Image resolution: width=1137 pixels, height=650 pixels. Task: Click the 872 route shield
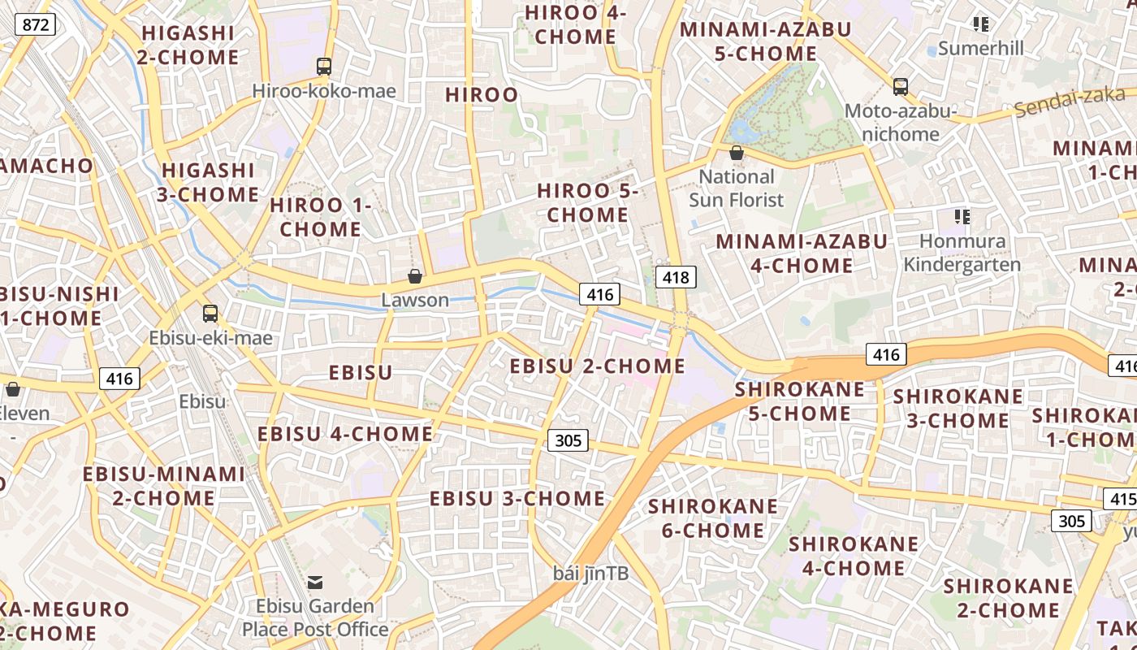pos(36,24)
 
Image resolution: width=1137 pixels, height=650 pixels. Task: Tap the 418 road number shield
pos(676,278)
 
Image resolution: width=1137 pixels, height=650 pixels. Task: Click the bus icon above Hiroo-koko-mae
pos(324,66)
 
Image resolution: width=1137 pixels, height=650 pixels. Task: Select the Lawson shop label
pos(415,300)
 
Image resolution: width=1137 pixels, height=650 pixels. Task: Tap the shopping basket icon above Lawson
pos(415,276)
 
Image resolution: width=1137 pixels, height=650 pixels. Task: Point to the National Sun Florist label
pos(737,188)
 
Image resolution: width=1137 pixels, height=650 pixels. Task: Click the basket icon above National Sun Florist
pos(737,153)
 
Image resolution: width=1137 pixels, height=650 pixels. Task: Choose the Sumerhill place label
pos(980,48)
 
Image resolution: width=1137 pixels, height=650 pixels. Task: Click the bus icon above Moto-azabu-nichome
pos(900,86)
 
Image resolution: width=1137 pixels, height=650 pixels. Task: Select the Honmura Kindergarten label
pos(962,253)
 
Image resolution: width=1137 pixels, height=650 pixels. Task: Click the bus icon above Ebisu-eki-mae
pos(210,313)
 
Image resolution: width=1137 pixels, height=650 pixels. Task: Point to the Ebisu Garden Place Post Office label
pos(315,617)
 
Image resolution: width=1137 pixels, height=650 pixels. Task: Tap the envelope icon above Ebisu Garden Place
pos(315,582)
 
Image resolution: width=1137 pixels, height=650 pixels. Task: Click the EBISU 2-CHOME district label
pos(597,366)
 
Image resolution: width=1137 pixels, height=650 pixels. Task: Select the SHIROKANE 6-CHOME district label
pos(712,518)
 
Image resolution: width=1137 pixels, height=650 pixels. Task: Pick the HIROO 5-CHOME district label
pos(588,203)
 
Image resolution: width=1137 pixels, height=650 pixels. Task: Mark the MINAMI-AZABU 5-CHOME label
pos(765,41)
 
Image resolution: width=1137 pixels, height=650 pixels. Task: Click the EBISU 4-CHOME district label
pos(345,434)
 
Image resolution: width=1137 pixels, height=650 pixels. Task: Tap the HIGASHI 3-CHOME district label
pos(210,182)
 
